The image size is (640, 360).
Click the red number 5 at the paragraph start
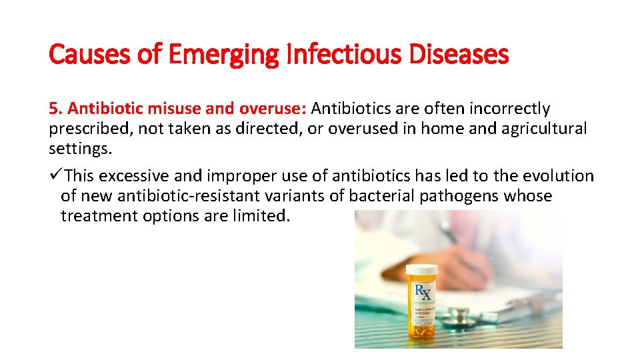click(x=53, y=108)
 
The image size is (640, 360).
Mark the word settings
click(x=80, y=148)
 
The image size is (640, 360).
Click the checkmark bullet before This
click(x=55, y=176)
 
